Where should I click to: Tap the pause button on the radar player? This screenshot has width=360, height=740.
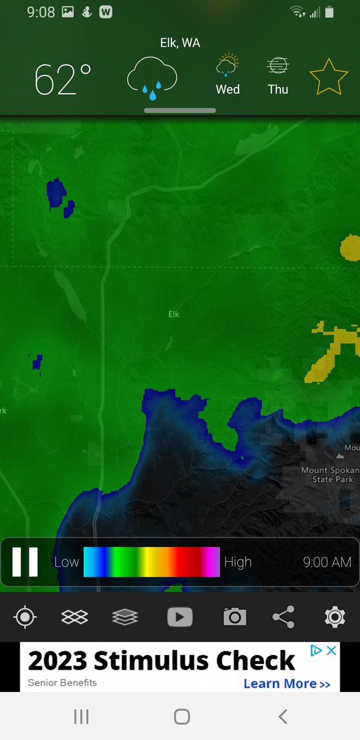25,562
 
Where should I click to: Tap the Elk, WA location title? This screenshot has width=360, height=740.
180,43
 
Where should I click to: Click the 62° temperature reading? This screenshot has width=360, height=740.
63,79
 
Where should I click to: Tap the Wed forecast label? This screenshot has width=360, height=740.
227,89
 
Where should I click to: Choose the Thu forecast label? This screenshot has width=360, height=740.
278,89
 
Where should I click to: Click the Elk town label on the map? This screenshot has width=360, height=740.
174,314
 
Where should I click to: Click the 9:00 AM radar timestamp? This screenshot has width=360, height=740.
327,562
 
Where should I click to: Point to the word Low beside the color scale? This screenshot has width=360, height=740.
67,562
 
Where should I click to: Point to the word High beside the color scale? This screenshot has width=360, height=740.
238,562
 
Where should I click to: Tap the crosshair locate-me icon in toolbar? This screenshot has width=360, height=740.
25,617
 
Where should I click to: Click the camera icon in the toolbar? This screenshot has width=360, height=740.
234,617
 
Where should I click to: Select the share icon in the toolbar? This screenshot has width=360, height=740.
283,617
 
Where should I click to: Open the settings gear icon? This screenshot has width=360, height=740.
334,617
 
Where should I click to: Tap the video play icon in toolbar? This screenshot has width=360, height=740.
180,617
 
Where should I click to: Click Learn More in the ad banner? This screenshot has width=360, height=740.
287,683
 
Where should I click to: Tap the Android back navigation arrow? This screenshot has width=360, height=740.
282,716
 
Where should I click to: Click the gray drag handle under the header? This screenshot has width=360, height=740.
180,110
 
